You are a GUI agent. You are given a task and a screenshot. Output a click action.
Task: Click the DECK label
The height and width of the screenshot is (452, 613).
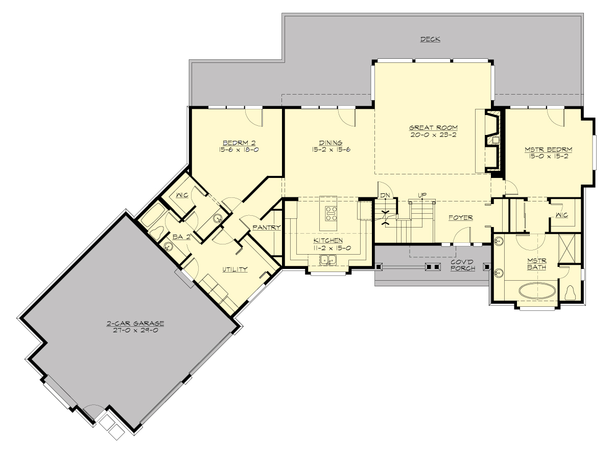coord(430,39)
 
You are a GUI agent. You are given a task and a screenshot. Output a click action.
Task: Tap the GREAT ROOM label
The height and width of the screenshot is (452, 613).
coord(433,128)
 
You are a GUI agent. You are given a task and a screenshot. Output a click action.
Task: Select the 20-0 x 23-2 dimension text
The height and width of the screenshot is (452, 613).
coord(433,135)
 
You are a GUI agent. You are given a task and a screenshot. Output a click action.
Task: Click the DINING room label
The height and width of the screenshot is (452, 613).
coord(331,143)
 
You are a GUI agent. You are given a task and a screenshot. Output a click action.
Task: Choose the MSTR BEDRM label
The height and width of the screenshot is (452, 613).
coord(548,150)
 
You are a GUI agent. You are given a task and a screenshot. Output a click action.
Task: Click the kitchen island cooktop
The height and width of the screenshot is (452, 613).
coord(331,213)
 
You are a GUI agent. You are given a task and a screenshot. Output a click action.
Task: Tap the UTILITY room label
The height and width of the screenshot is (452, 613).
coord(234,269)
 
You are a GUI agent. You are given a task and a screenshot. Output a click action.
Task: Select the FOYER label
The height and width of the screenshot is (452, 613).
coord(460,218)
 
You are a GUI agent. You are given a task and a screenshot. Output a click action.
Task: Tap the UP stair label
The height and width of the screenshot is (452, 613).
coord(422,195)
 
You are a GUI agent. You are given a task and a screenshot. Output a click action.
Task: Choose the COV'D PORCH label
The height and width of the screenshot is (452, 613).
coord(463,265)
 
